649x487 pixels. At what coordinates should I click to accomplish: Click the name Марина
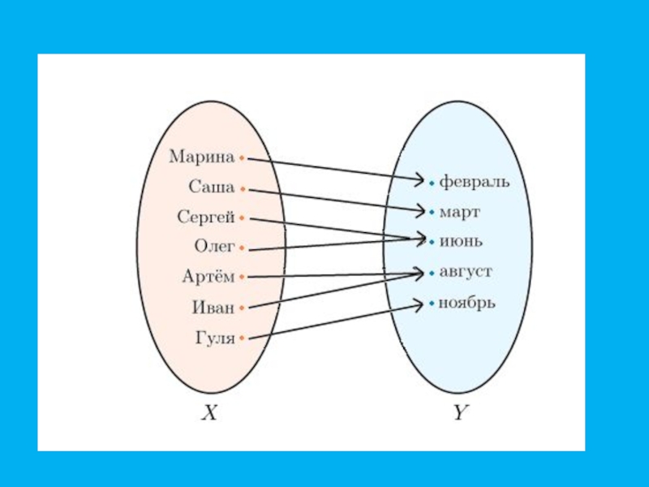point(202,157)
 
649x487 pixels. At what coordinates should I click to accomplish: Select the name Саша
point(212,187)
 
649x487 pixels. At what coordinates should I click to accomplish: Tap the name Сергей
point(206,217)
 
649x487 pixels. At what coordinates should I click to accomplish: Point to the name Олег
point(213,246)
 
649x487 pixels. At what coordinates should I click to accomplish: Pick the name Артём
point(208,277)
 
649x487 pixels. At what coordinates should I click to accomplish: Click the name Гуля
point(215,338)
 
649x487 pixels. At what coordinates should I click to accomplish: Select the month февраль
point(475,182)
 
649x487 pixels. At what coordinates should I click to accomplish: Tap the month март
point(460,213)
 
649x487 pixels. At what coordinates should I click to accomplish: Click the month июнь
point(461,241)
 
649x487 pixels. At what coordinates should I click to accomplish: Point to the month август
point(466,272)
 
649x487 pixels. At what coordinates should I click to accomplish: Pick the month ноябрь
point(466,304)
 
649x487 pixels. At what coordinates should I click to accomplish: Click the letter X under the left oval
point(209,413)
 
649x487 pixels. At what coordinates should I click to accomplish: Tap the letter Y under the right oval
point(460,413)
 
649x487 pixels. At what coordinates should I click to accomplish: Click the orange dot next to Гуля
point(242,339)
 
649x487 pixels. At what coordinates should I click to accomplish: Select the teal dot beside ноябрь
point(432,305)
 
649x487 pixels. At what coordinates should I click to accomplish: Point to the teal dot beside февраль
point(432,183)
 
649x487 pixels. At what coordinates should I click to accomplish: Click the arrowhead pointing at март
point(420,212)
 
